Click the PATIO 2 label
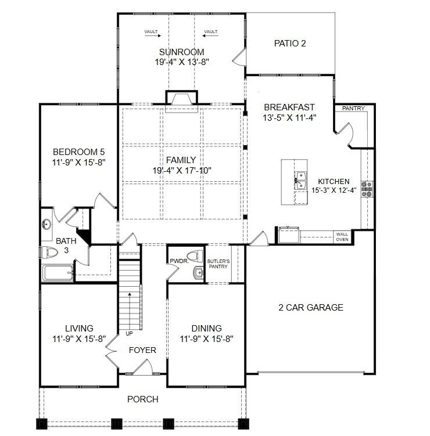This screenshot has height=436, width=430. (290, 44)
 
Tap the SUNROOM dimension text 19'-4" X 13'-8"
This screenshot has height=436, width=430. (182, 62)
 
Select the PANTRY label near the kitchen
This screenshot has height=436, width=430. (353, 108)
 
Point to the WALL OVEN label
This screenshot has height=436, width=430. (342, 237)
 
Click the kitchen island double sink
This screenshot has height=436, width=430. (300, 181)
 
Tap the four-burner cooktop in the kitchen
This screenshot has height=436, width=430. (367, 189)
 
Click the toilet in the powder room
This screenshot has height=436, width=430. (195, 256)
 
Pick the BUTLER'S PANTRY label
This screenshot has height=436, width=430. (218, 264)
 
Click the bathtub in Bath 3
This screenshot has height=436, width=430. (58, 272)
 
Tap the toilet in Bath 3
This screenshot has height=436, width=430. (49, 253)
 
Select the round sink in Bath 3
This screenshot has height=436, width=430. (46, 224)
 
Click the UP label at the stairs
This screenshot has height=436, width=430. (129, 333)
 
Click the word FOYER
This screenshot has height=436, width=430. (142, 350)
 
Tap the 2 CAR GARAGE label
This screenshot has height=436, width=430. (311, 307)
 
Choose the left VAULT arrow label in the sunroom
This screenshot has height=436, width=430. (152, 33)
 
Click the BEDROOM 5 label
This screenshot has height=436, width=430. (79, 152)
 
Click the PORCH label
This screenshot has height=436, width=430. (143, 399)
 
